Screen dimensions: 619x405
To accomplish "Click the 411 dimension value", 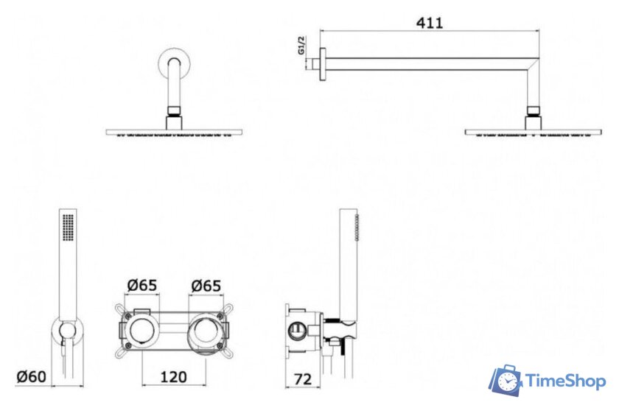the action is pyautogui.click(x=430, y=23).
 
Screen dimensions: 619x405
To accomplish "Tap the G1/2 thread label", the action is pyautogui.click(x=301, y=45).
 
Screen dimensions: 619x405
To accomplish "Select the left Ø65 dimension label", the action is pyautogui.click(x=142, y=285).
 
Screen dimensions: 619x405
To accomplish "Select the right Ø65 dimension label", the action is pyautogui.click(x=206, y=286).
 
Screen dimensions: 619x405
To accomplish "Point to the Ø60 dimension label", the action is pyautogui.click(x=31, y=376).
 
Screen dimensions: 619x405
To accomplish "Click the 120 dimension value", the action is pyautogui.click(x=173, y=377).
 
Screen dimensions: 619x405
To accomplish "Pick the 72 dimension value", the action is pyautogui.click(x=303, y=379).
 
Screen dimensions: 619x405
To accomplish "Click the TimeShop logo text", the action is pyautogui.click(x=565, y=381).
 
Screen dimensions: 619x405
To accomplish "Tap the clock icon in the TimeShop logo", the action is pyautogui.click(x=507, y=381).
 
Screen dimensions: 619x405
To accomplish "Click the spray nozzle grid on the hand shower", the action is pyautogui.click(x=68, y=227).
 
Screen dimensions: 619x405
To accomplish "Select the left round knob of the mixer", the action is pyautogui.click(x=141, y=331).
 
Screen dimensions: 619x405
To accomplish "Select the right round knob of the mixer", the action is pyautogui.click(x=206, y=331).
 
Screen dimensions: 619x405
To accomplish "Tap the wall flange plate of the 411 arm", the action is pyautogui.click(x=323, y=65).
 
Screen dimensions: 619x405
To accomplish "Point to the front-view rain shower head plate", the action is pyautogui.click(x=174, y=132).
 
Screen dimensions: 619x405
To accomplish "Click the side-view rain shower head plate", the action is pyautogui.click(x=534, y=132).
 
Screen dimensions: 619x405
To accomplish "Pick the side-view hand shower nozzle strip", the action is pyautogui.click(x=357, y=228).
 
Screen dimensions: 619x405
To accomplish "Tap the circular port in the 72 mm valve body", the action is pyautogui.click(x=297, y=331).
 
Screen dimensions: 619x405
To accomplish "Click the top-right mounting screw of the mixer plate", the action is pyautogui.click(x=220, y=316).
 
